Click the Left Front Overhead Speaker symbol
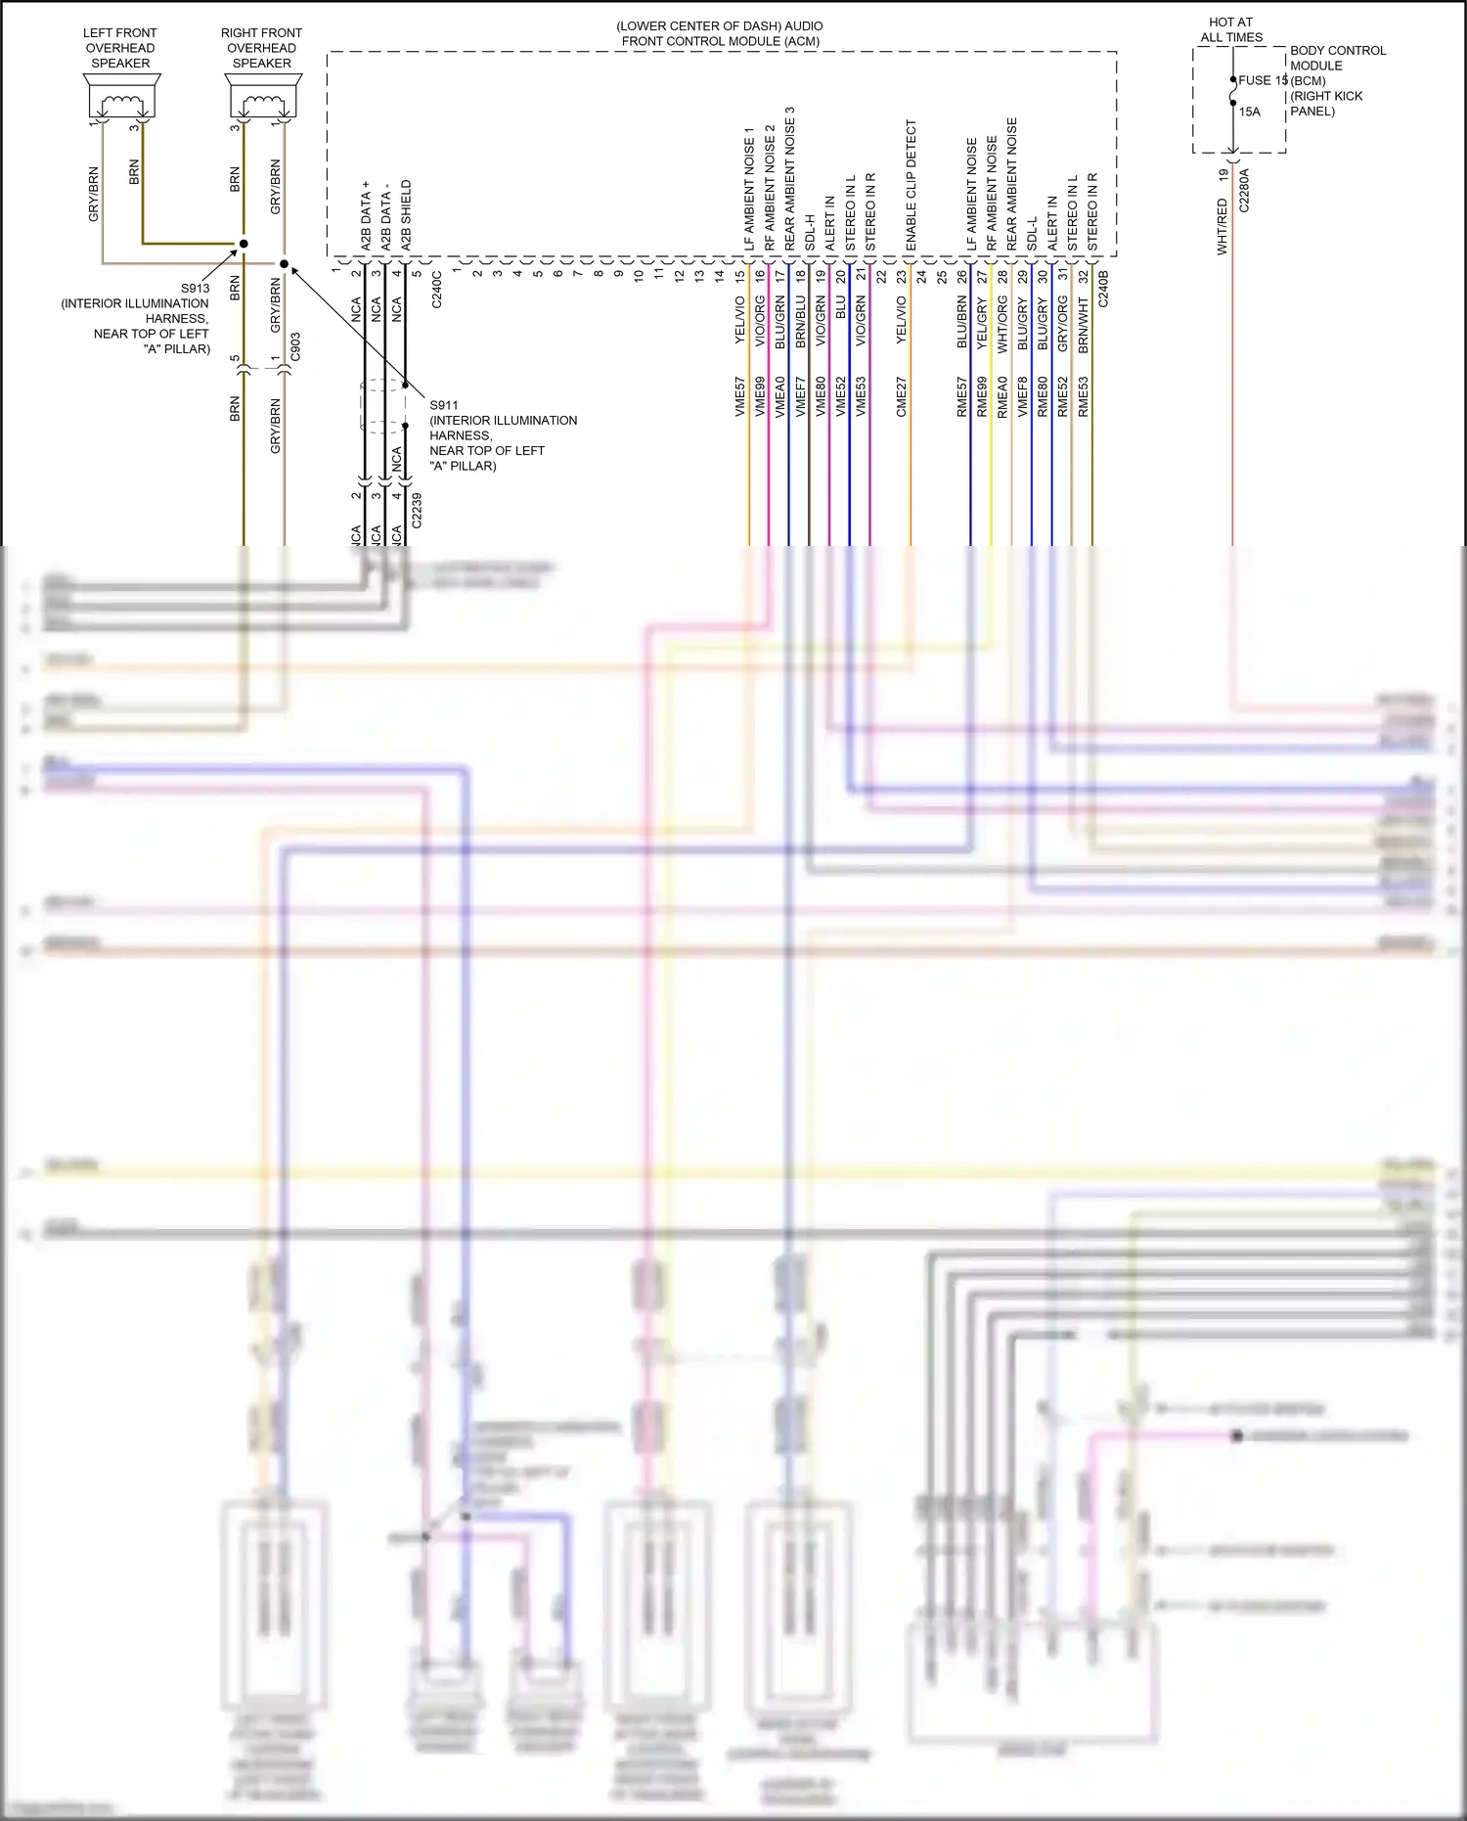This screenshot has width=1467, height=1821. tap(121, 98)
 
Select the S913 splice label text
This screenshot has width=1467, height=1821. tap(195, 289)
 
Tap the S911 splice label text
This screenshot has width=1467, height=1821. tap(444, 405)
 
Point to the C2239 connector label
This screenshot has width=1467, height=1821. tap(417, 511)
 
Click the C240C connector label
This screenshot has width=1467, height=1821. tap(437, 290)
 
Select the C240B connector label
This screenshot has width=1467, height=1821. tap(1103, 290)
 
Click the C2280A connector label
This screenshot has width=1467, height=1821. tap(1244, 191)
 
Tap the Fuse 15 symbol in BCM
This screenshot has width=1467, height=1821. tap(1233, 92)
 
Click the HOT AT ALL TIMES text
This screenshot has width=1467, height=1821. tap(1231, 29)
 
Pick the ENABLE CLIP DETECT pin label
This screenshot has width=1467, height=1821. tap(911, 186)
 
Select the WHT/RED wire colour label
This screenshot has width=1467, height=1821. tap(1222, 227)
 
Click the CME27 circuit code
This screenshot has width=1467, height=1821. tap(902, 397)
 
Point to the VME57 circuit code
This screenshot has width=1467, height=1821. tap(740, 397)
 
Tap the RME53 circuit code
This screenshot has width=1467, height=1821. tap(1084, 397)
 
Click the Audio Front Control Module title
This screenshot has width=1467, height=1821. tap(720, 33)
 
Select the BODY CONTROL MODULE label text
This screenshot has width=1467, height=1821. tap(1337, 58)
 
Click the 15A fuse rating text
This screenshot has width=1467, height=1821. tap(1250, 112)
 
